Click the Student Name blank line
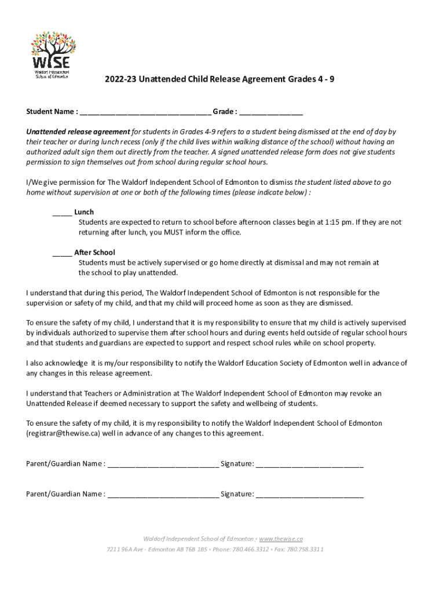click(x=145, y=112)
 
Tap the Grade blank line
click(x=271, y=112)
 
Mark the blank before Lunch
click(x=62, y=213)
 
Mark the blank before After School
click(x=62, y=252)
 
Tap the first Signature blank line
click(x=309, y=464)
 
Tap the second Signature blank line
click(x=309, y=495)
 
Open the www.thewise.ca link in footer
click(x=281, y=539)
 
